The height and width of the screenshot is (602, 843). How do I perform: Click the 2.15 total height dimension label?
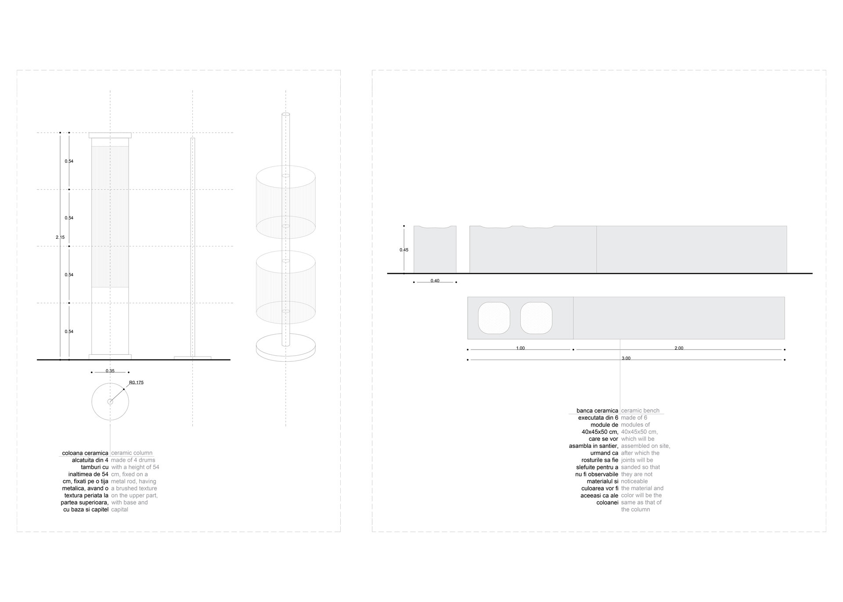pos(60,237)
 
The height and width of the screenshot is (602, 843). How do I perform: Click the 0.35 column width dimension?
pos(110,371)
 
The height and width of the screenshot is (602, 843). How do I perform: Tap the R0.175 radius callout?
pos(136,382)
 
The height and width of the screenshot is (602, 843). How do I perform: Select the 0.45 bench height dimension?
pos(404,250)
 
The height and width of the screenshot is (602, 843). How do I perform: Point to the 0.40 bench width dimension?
pos(435,281)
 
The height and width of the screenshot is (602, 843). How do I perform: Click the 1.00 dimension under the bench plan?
pos(520,348)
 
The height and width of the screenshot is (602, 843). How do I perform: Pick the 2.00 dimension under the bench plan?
pos(679,348)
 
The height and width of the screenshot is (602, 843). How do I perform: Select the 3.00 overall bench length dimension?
pos(626,358)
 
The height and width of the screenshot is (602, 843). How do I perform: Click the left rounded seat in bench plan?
pos(494,318)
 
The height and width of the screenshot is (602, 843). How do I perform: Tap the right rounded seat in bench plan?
pos(536,318)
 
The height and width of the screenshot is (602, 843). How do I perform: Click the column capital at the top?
pos(110,135)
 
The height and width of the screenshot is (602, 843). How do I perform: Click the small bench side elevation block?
pos(435,250)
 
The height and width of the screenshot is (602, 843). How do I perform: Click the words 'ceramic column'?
pos(132,453)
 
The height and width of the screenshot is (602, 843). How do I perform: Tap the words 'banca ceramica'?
pos(597,411)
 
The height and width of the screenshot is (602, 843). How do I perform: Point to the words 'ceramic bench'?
pos(640,411)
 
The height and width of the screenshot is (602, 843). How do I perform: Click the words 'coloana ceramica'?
pos(85,453)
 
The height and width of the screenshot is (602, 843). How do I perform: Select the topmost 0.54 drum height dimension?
pos(69,161)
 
